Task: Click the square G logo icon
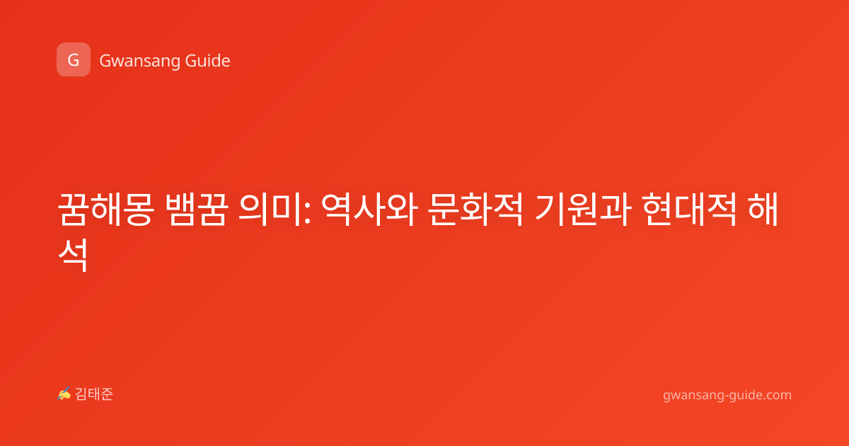pos(74,59)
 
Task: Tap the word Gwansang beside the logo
pos(139,62)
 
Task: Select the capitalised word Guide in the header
pos(208,61)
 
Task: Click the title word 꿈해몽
pos(106,210)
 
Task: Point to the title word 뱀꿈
pos(197,210)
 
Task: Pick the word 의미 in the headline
pos(270,210)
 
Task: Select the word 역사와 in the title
pos(369,210)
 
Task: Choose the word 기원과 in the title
pos(583,210)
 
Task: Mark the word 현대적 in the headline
pos(689,210)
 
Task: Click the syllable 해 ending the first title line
pos(763,210)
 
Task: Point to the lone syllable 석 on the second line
pos(73,255)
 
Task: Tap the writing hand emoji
pos(64,394)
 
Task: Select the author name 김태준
pos(94,394)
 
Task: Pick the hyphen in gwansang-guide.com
pos(725,396)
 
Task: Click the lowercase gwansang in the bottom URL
pos(693,396)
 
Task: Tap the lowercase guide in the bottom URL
pos(744,395)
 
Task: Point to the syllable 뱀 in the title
pos(180,210)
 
